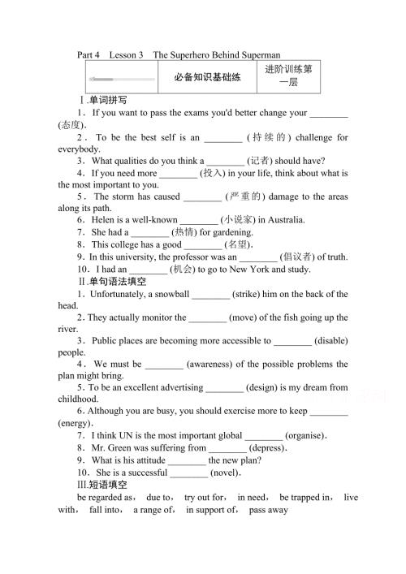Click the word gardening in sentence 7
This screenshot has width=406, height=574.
pos(212,232)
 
